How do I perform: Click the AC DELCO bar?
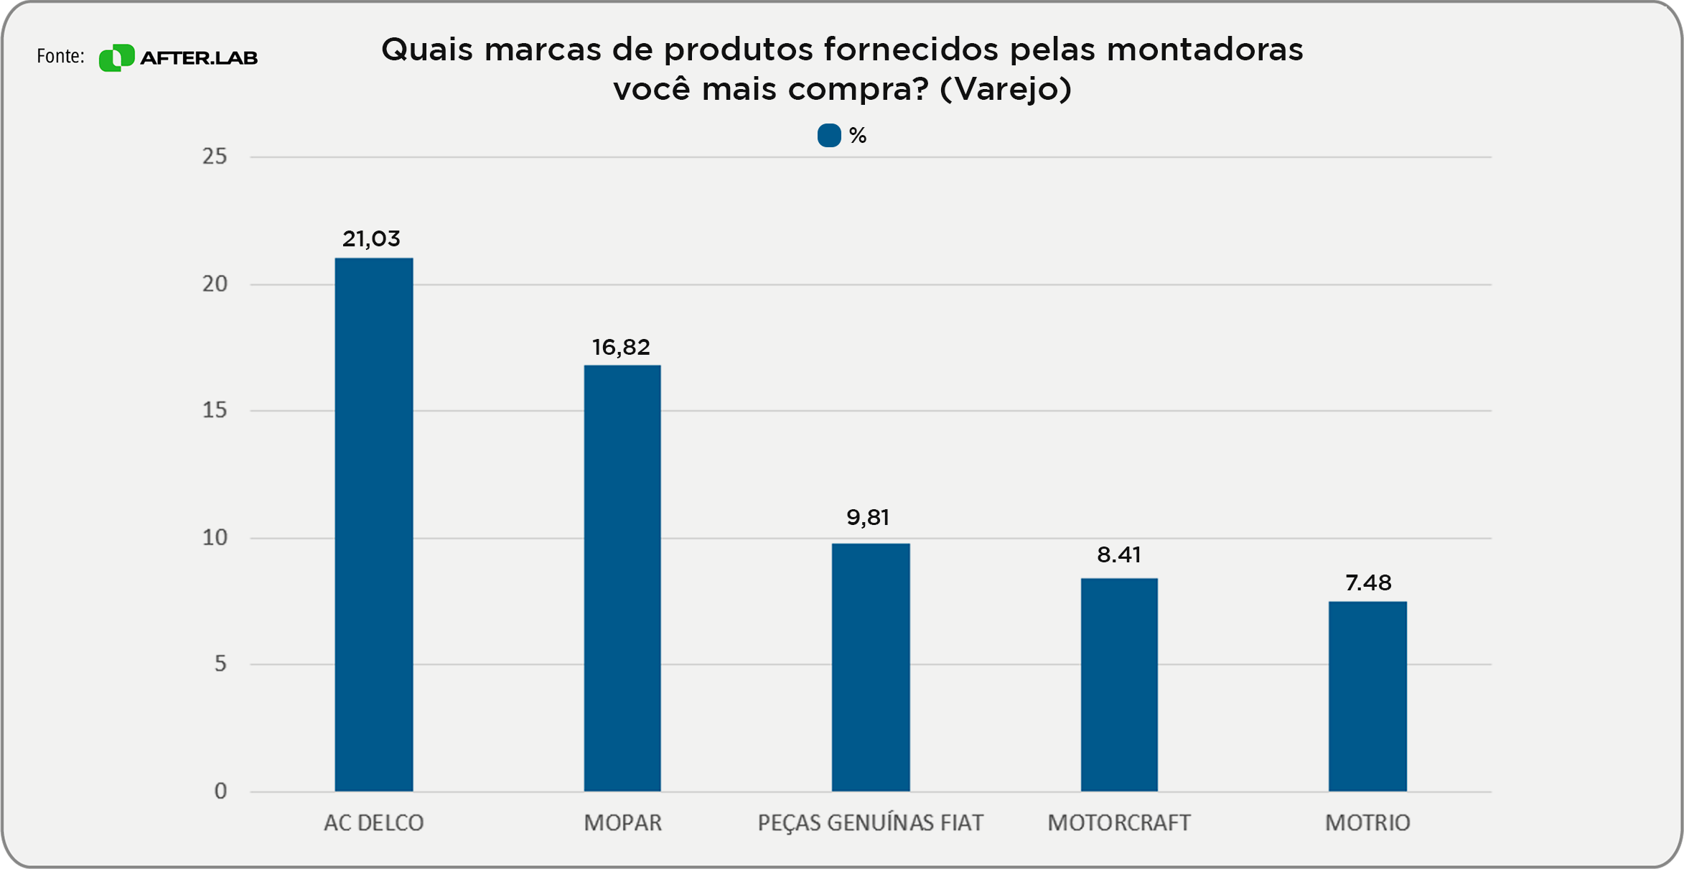(x=373, y=524)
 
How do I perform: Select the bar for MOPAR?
(x=622, y=578)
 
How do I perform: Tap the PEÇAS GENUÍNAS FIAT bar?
(x=870, y=667)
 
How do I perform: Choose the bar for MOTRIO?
(x=1367, y=696)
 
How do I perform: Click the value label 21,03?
(x=371, y=238)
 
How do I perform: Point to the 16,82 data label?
(x=621, y=348)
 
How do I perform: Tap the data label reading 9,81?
(x=868, y=517)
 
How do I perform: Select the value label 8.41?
(x=1118, y=554)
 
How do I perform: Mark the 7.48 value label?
(x=1367, y=582)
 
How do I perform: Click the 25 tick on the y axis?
(x=215, y=157)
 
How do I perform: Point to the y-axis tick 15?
(x=215, y=410)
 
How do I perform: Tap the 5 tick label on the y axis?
(x=220, y=664)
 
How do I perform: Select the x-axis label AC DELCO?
(x=373, y=822)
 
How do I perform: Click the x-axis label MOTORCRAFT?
(x=1118, y=822)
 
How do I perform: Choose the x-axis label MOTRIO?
(x=1367, y=822)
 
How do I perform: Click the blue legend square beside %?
(x=829, y=136)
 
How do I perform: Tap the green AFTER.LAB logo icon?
(x=116, y=57)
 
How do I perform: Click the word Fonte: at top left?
(x=60, y=56)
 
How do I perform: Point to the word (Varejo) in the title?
(x=1005, y=89)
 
